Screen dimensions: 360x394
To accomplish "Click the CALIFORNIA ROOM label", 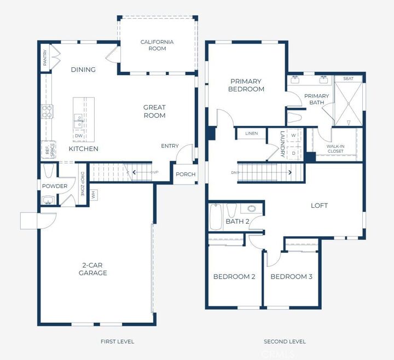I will point(157,45).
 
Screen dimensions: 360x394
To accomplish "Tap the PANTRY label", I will point(45,59).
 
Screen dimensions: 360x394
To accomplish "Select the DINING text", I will point(83,69).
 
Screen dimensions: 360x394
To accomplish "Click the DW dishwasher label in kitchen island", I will point(79,136).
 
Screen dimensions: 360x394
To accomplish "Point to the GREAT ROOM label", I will point(154,112).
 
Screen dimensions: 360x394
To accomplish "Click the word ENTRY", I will point(170,146).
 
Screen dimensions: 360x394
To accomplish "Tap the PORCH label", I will point(186,175).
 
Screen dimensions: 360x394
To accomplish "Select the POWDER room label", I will point(55,186).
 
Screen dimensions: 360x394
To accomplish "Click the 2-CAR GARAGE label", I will point(92,269).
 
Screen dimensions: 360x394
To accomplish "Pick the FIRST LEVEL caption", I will point(117,341).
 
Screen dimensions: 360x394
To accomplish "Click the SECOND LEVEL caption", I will point(285,341).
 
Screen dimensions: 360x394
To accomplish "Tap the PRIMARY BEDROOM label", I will point(246,85).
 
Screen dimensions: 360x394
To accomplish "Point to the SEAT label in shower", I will point(348,79).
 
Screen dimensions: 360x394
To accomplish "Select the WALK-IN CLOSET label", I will point(335,149).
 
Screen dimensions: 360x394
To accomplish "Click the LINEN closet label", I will point(251,133).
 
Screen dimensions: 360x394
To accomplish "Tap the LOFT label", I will point(319,206).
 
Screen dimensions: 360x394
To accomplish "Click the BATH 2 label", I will point(237,222).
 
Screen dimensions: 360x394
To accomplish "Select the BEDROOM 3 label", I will point(291,277).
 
